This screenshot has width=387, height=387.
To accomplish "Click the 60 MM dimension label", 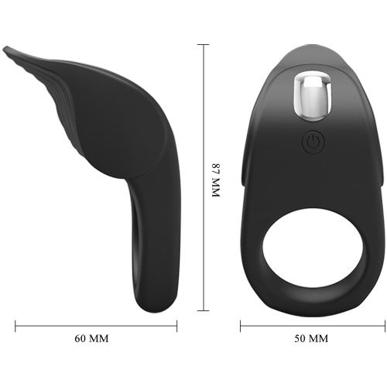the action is (x=91, y=338).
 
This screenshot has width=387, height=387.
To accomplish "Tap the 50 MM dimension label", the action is (x=311, y=338).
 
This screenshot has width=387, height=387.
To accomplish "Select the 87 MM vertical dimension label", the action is (x=215, y=180).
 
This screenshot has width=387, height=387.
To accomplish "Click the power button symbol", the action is (x=313, y=142).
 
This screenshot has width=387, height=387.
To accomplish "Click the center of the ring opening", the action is (x=313, y=248).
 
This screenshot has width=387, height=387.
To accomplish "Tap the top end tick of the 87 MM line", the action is (x=204, y=45).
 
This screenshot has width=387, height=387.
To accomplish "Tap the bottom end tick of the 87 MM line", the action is (x=204, y=310).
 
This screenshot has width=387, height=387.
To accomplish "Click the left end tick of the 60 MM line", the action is (x=15, y=326).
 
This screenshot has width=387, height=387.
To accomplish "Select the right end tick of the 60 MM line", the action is (x=177, y=326).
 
